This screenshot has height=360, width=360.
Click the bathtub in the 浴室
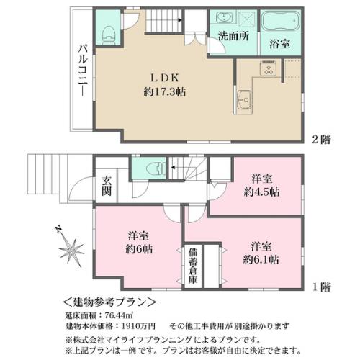click(x=281, y=21)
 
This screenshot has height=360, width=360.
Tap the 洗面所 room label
click(x=233, y=37)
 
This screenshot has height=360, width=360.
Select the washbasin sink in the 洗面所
click(x=224, y=18)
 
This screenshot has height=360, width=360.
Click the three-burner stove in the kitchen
click(x=268, y=68)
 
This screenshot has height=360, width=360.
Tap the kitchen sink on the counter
click(x=243, y=100)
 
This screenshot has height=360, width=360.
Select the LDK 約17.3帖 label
click(x=165, y=85)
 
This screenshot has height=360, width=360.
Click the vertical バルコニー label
click(x=84, y=71)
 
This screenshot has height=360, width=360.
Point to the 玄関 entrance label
click(x=106, y=185)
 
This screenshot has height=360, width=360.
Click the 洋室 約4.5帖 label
click(x=261, y=186)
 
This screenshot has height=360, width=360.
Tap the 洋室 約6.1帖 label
click(x=261, y=253)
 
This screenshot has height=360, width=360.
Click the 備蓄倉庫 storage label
click(x=193, y=266)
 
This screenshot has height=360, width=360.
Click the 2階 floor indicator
click(x=321, y=140)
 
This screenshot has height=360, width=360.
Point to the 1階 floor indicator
click(x=322, y=287)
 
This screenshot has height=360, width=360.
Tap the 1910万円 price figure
click(x=139, y=326)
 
